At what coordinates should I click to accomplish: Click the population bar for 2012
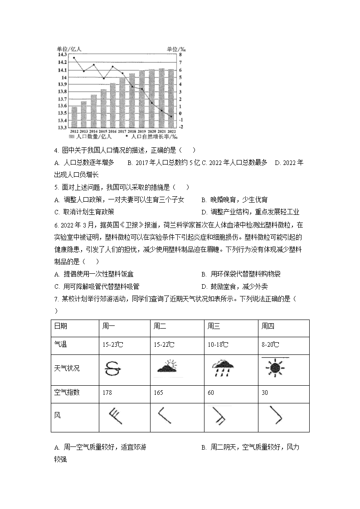(74, 117)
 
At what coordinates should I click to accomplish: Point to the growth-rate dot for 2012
(74, 58)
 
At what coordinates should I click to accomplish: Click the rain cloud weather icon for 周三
(224, 368)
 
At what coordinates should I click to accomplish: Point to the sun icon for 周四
(274, 368)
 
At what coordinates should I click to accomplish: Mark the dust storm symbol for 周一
(113, 368)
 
